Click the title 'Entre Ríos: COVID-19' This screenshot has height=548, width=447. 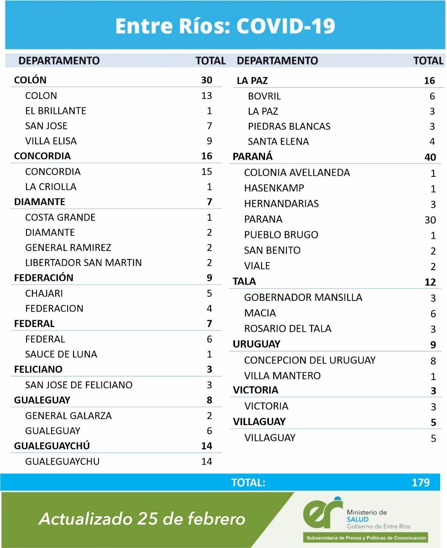coord(225,26)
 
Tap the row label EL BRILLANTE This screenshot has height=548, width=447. coord(56,111)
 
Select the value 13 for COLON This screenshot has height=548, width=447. coord(207,95)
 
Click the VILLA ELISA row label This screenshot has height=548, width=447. coord(51,141)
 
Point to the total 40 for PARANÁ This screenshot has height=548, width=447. coord(430,157)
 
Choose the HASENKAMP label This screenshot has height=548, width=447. coord(274,188)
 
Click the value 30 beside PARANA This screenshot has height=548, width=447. coord(430,220)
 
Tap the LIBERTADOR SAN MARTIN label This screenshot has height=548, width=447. coord(83,262)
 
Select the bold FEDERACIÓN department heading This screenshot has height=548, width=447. coord(44,278)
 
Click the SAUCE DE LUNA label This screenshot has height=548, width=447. coord(61,354)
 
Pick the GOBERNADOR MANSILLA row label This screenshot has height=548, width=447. coord(303,297)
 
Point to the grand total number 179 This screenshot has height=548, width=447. coord(420,482)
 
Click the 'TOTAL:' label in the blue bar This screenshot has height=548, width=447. coord(248,483)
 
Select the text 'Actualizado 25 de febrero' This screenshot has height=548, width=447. coord(142,519)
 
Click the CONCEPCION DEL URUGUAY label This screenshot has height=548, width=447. coord(310,360)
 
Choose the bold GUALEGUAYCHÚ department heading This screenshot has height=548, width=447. coord(52,446)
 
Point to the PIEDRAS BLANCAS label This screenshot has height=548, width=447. coord(289,126)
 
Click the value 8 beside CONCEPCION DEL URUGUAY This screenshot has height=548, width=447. coord(433,361)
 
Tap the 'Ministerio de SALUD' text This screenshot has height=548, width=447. coord(367,515)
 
